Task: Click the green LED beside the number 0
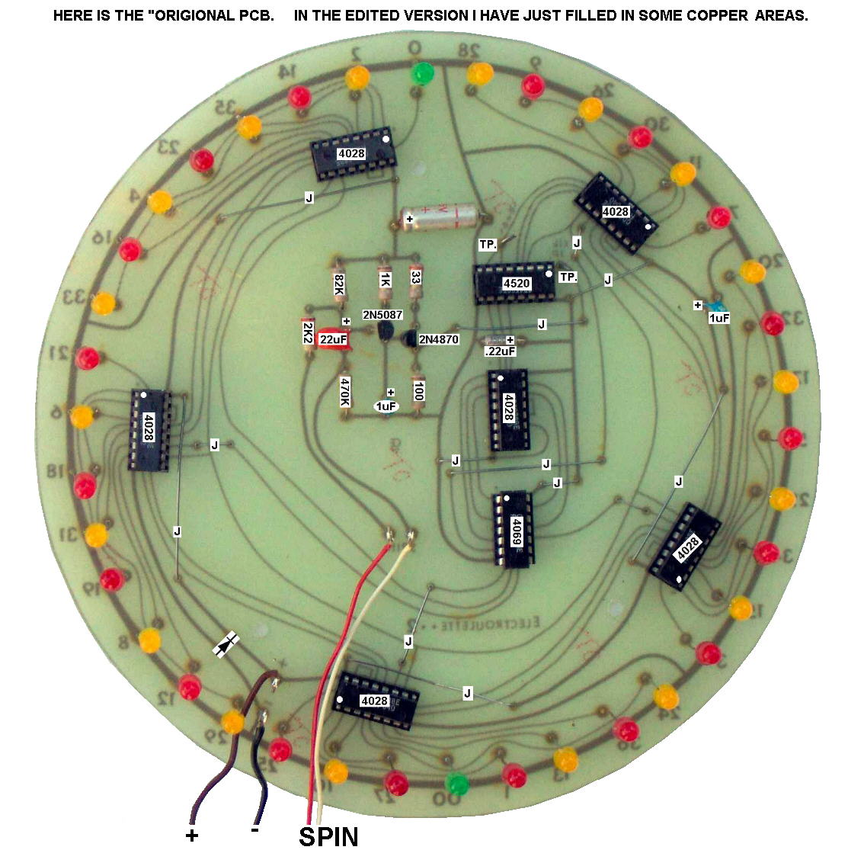tap(421, 73)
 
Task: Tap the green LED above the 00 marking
tap(456, 782)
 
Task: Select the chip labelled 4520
tap(517, 284)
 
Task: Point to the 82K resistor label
tap(339, 287)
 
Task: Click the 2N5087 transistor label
tap(382, 315)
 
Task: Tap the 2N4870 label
tap(439, 339)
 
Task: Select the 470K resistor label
tap(345, 392)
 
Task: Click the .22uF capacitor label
tap(500, 351)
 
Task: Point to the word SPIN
tap(328, 836)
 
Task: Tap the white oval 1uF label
tap(386, 406)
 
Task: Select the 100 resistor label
tap(418, 392)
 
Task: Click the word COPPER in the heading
tap(715, 15)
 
